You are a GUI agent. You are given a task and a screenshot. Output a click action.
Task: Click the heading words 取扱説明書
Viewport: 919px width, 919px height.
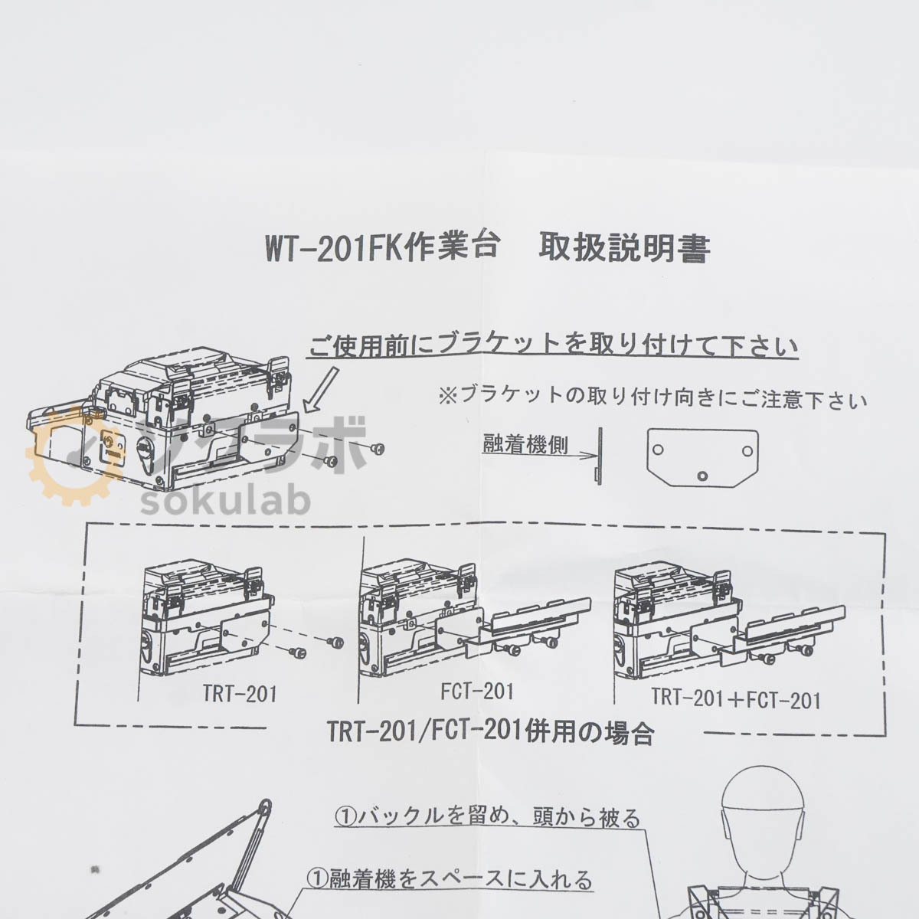(x=624, y=248)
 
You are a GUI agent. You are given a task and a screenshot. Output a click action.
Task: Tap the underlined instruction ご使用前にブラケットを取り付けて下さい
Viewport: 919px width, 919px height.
(x=553, y=346)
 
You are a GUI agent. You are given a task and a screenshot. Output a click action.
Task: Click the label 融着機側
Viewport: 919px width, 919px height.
(x=525, y=444)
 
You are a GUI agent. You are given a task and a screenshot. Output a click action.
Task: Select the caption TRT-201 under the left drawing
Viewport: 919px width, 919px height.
(x=240, y=695)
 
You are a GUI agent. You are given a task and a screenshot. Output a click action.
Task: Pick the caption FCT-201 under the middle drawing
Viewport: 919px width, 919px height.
(x=476, y=691)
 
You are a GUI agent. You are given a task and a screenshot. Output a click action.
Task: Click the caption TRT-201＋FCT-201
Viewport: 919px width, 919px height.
(x=735, y=698)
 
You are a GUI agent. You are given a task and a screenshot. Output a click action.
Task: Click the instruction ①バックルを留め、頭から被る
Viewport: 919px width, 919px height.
(x=486, y=818)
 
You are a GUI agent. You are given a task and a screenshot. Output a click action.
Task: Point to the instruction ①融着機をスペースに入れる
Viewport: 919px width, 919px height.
(x=450, y=878)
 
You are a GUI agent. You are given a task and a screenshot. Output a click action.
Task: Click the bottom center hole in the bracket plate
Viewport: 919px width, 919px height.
(x=702, y=476)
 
